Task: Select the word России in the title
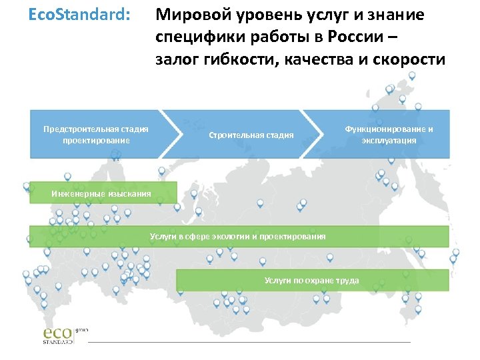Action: (x=359, y=37)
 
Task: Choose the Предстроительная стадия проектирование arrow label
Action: (x=96, y=134)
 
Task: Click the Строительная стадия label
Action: (x=251, y=135)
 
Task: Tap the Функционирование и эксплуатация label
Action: (x=389, y=134)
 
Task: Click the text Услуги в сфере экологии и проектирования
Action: (x=238, y=236)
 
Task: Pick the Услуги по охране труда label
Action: (x=311, y=280)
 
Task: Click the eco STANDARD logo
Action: (x=58, y=335)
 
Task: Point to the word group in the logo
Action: (x=82, y=329)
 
